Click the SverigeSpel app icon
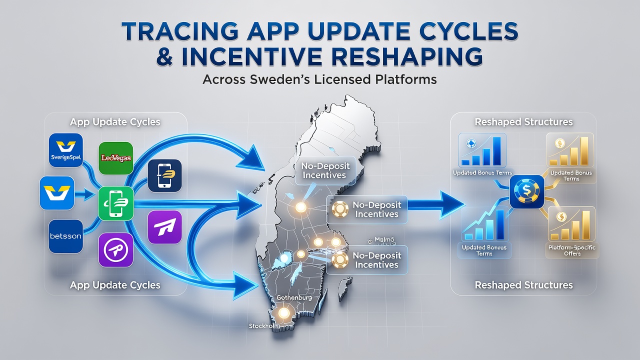pos(66,150)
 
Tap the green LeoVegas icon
pos(115,158)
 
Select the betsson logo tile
pos(65,236)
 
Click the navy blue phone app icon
pos(165,175)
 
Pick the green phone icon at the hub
pos(115,203)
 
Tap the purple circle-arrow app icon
pos(115,250)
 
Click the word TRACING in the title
pos(179,31)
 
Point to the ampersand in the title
pos(164,56)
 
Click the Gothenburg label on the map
pos(294,297)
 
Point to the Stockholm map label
pos(264,326)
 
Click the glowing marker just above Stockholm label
pos(283,313)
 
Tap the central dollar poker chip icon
pos(527,191)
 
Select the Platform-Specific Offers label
pos(572,250)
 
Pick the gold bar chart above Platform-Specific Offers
pos(571,224)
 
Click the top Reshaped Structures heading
pos(523,122)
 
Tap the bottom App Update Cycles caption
pos(115,285)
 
